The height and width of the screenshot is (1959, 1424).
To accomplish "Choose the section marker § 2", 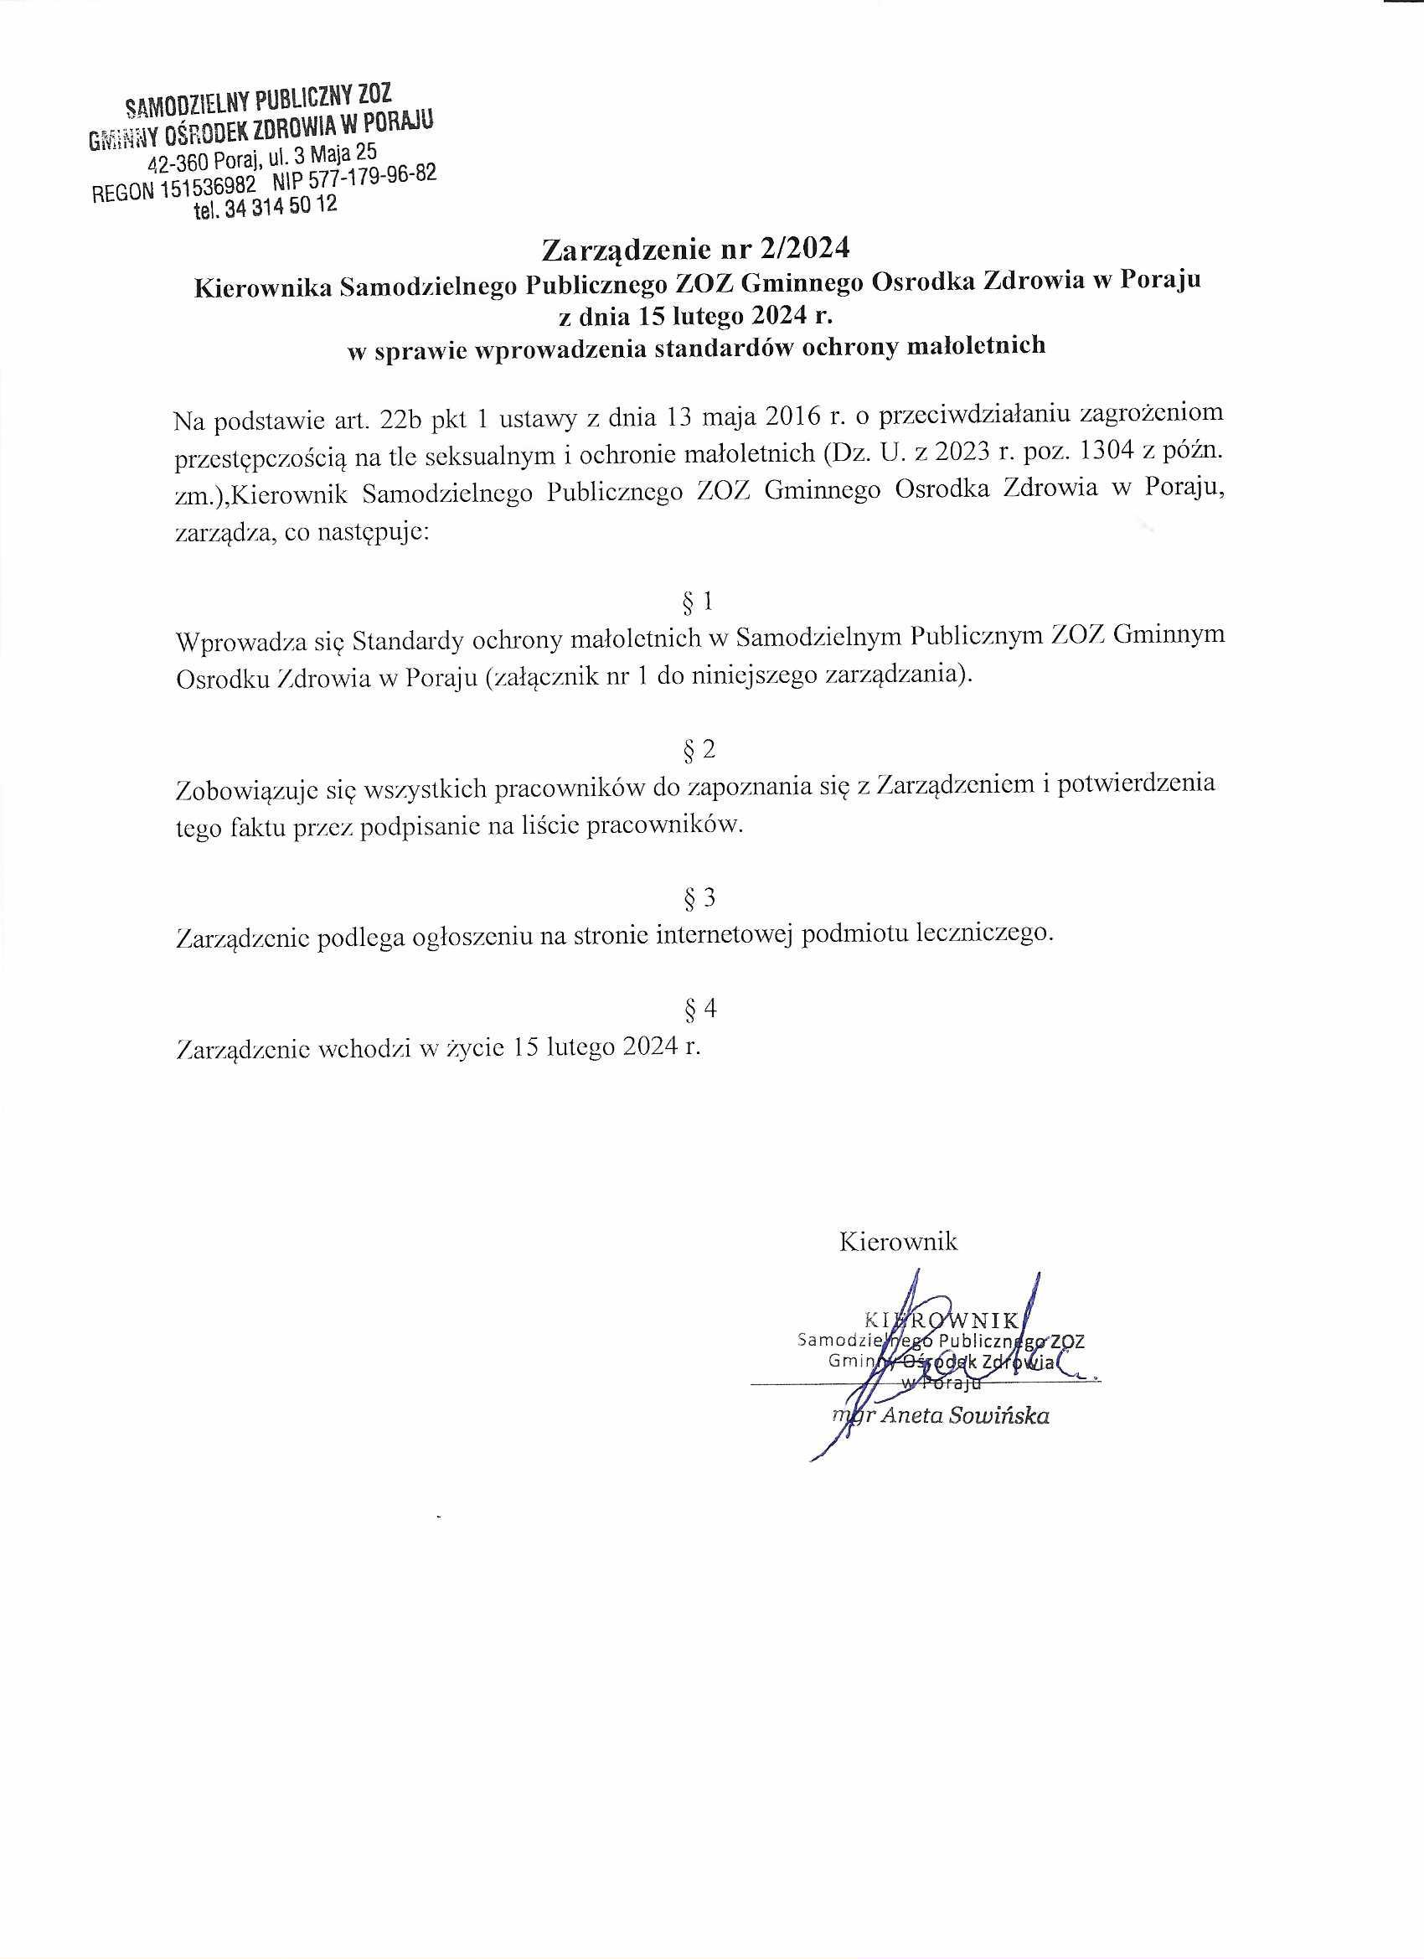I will coord(698,750).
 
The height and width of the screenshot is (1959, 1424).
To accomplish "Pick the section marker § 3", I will coord(698,898).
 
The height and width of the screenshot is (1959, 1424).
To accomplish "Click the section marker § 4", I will coord(698,1008).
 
